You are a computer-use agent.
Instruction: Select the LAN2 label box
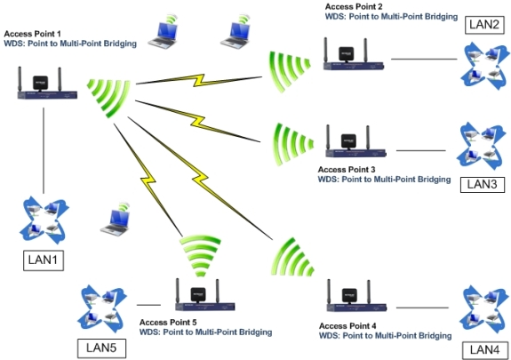483,23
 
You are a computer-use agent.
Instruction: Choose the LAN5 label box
99,347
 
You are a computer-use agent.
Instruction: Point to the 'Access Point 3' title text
347,169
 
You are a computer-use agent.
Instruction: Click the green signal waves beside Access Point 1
106,92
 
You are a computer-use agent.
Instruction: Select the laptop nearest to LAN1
116,221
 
